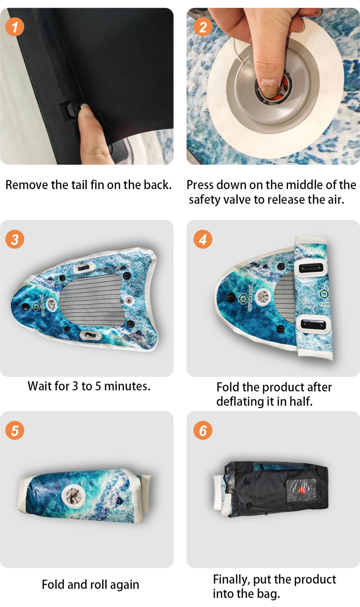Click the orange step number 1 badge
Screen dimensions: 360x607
15,27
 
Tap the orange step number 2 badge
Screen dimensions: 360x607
203,27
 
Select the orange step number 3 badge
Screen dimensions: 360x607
15,239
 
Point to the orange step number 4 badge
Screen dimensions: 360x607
203,239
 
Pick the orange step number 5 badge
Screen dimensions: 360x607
15,431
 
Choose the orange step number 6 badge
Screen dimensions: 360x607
203,431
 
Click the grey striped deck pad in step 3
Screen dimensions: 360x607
92,300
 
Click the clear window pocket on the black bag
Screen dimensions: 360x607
301,490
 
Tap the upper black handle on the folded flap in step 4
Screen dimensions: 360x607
311,268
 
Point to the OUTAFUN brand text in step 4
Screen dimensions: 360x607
250,298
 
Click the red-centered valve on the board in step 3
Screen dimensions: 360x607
129,301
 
